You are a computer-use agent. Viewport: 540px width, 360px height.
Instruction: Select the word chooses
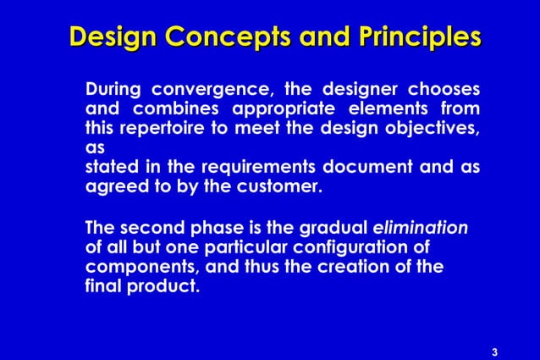click(x=444, y=89)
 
